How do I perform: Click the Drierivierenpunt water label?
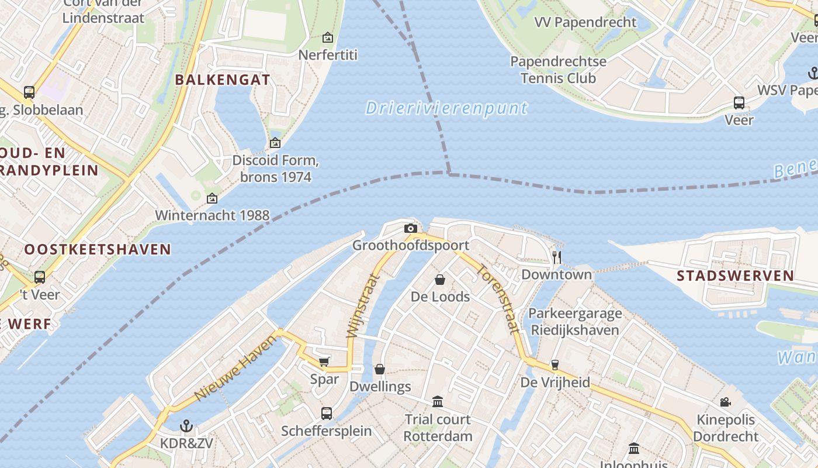pyautogui.click(x=446, y=108)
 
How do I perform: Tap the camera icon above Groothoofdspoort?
pyautogui.click(x=411, y=228)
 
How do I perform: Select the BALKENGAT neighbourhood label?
pyautogui.click(x=223, y=80)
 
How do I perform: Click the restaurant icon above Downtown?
pyautogui.click(x=557, y=257)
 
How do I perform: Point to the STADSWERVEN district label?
pyautogui.click(x=735, y=276)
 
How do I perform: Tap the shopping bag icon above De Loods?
pyautogui.click(x=440, y=280)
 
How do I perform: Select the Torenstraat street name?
pyautogui.click(x=498, y=299)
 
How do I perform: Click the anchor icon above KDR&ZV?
pyautogui.click(x=186, y=425)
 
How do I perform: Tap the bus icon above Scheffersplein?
pyautogui.click(x=327, y=413)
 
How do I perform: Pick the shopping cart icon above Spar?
pyautogui.click(x=324, y=362)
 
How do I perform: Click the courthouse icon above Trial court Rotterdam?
pyautogui.click(x=438, y=401)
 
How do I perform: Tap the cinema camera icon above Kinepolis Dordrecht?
pyautogui.click(x=725, y=402)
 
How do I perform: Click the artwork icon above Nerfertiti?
pyautogui.click(x=328, y=37)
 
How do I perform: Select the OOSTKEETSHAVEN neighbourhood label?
pyautogui.click(x=98, y=249)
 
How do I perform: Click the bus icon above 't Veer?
pyautogui.click(x=40, y=277)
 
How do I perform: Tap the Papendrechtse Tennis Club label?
pyautogui.click(x=558, y=70)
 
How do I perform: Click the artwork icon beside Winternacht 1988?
pyautogui.click(x=212, y=199)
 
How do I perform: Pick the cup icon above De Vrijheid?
pyautogui.click(x=554, y=365)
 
